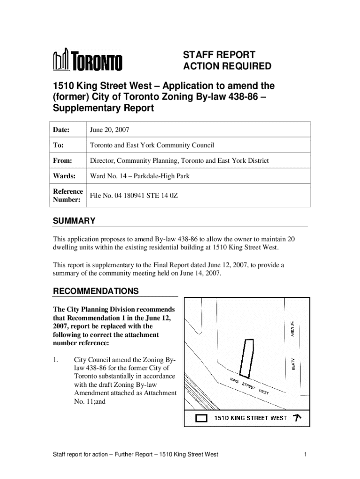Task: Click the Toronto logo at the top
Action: (x=87, y=61)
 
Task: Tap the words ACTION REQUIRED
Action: (x=227, y=66)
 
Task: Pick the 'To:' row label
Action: (x=59, y=145)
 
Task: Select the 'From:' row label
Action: (x=63, y=160)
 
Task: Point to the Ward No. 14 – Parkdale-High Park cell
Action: (x=140, y=176)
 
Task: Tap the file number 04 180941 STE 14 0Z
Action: (x=134, y=196)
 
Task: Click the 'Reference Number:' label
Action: (x=68, y=196)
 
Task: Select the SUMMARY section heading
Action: (x=74, y=221)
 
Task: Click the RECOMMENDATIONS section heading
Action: (x=95, y=291)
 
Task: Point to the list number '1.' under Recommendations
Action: (x=56, y=360)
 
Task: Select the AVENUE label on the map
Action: (x=292, y=329)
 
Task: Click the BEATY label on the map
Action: (x=293, y=365)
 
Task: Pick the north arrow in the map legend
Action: (x=296, y=417)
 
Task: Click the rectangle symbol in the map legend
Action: (x=201, y=418)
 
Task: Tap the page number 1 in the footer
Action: (x=304, y=454)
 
